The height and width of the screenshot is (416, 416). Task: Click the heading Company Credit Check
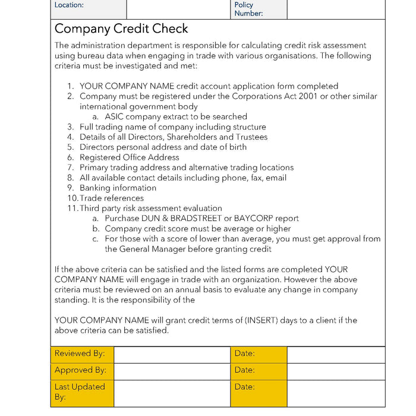pos(121,29)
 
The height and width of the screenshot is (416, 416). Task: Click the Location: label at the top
pos(69,5)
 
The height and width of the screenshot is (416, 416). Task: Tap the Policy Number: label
pos(248,9)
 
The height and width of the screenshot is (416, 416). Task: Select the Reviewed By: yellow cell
pos(81,354)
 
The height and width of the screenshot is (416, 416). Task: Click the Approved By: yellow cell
pos(81,370)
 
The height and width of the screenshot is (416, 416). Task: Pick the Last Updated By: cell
pos(81,392)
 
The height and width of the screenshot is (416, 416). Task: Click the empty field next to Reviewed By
pos(172,354)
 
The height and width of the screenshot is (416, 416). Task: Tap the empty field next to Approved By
pos(172,371)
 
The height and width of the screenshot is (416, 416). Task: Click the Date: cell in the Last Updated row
pos(258,392)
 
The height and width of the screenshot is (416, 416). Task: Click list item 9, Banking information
pos(118,188)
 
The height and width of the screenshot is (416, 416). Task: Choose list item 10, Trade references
pos(112,198)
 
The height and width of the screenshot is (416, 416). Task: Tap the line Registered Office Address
pos(129,157)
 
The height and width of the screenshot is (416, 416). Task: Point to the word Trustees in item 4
pos(248,137)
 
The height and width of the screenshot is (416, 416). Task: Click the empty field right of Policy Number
pos(336,9)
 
